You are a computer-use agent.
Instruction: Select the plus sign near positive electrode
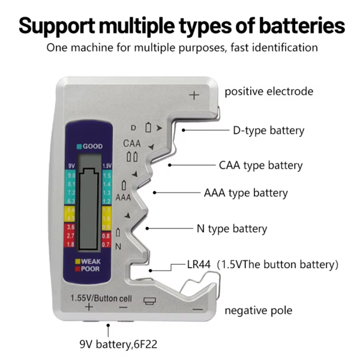coord(194,95)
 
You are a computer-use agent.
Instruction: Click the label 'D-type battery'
coord(268,130)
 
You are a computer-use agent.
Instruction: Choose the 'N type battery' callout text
coord(232,229)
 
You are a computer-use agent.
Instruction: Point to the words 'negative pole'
coord(259,310)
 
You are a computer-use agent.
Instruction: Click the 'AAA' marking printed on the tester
coord(123,197)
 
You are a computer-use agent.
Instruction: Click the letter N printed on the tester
coord(118,246)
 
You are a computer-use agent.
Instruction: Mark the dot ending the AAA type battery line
coord(155,193)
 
